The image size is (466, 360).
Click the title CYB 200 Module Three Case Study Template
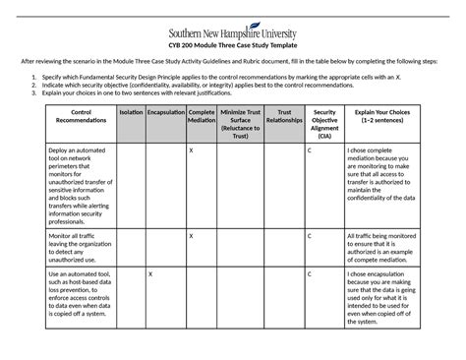[x=233, y=44]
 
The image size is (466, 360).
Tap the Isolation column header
[x=130, y=113]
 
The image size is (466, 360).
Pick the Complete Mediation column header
[x=202, y=117]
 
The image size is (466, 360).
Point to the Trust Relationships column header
[x=285, y=117]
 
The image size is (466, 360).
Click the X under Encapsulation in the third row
[x=149, y=274]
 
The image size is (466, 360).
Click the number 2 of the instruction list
[x=34, y=86]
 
